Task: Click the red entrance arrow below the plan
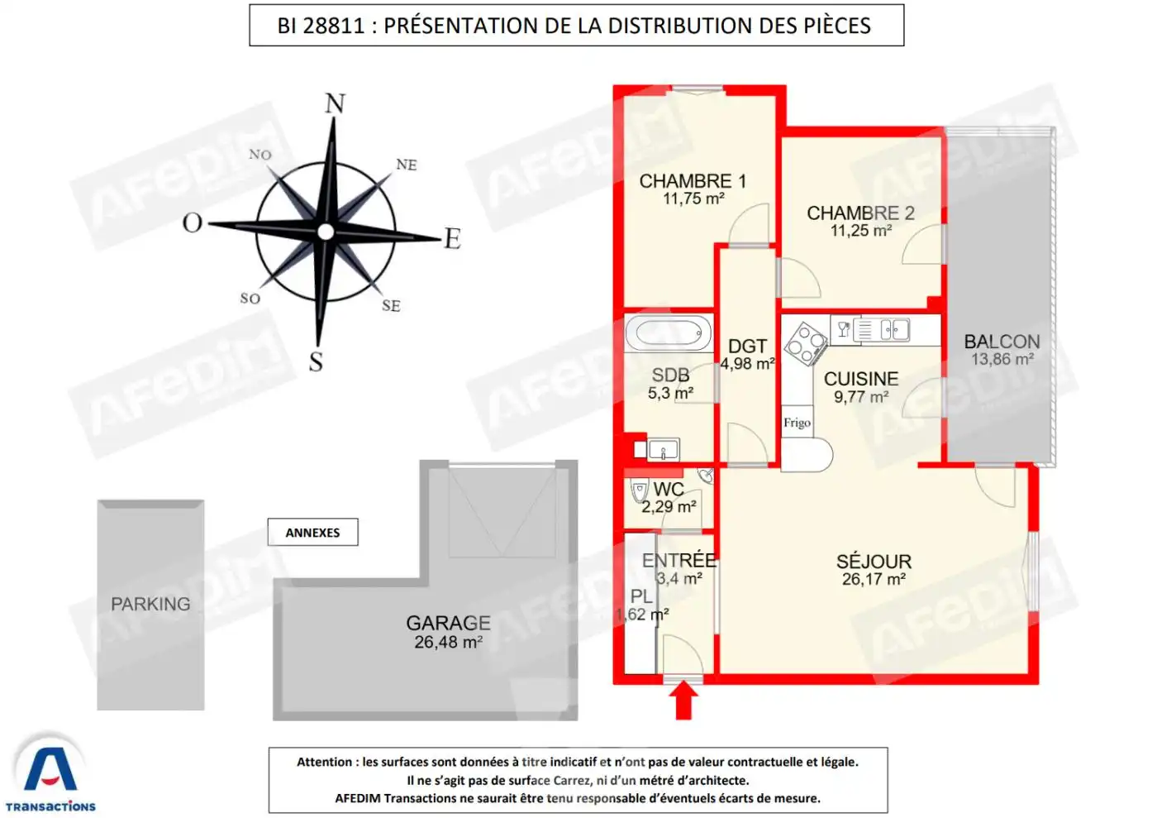[x=683, y=700]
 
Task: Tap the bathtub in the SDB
[x=669, y=333]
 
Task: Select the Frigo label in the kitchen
[x=797, y=423]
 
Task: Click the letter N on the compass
[x=335, y=103]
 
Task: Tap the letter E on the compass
[x=453, y=239]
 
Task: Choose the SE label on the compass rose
[x=391, y=305]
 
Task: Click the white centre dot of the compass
[x=326, y=232]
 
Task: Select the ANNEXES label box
[x=312, y=532]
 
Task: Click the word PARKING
[x=150, y=604]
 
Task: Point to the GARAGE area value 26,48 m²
[x=448, y=642]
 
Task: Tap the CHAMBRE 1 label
[x=693, y=181]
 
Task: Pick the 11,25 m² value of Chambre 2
[x=861, y=231]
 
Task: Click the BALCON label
[x=1002, y=342]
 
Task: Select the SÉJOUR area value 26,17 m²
[x=874, y=579]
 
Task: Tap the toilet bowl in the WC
[x=640, y=490]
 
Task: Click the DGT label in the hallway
[x=747, y=346]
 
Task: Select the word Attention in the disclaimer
[x=324, y=762]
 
